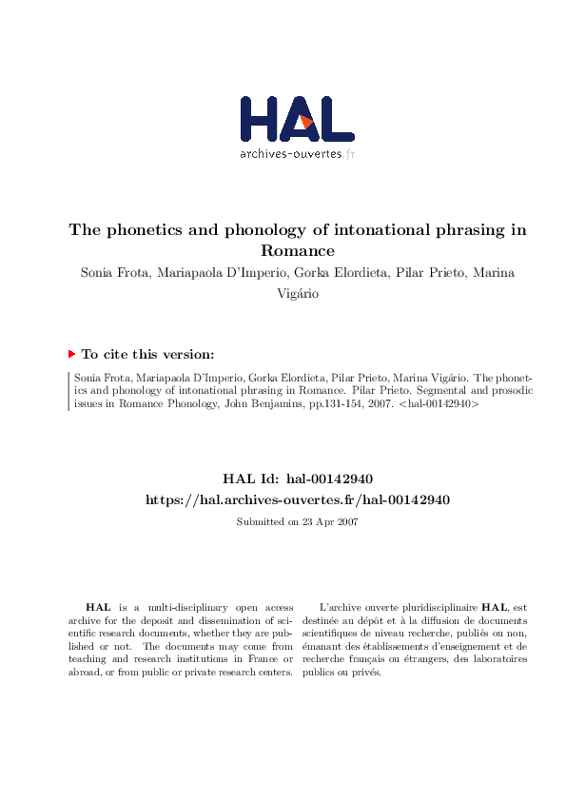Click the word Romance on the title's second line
[298, 251]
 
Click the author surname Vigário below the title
[298, 294]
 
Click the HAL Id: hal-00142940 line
[297, 479]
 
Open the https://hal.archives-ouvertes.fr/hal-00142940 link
[297, 499]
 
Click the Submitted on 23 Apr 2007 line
[297, 521]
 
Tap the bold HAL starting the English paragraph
[97, 606]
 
